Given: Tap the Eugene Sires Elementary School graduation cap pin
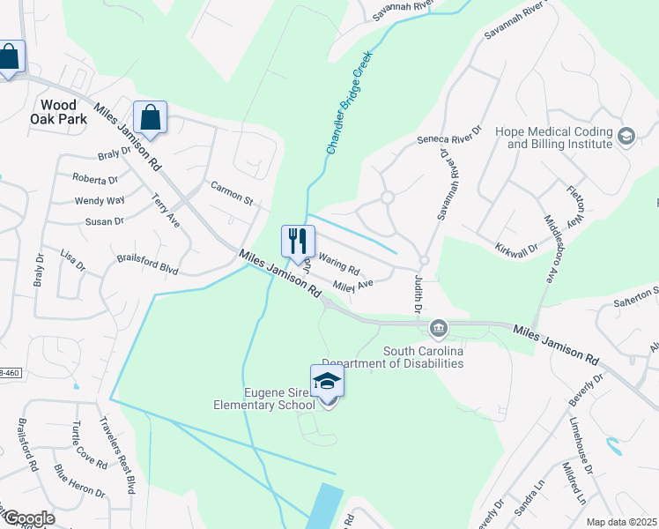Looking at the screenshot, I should pyautogui.click(x=327, y=383).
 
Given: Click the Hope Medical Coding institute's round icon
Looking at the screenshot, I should pyautogui.click(x=626, y=136).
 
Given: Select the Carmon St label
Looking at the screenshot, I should pyautogui.click(x=232, y=191).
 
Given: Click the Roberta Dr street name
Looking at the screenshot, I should pyautogui.click(x=95, y=179).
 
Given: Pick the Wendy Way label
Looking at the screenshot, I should pyautogui.click(x=100, y=201).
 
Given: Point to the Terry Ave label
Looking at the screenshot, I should pyautogui.click(x=167, y=212).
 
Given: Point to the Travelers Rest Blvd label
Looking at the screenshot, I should pyautogui.click(x=117, y=454).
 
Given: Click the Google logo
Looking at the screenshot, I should pyautogui.click(x=29, y=518).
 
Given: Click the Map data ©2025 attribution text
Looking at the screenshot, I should pyautogui.click(x=621, y=521).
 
